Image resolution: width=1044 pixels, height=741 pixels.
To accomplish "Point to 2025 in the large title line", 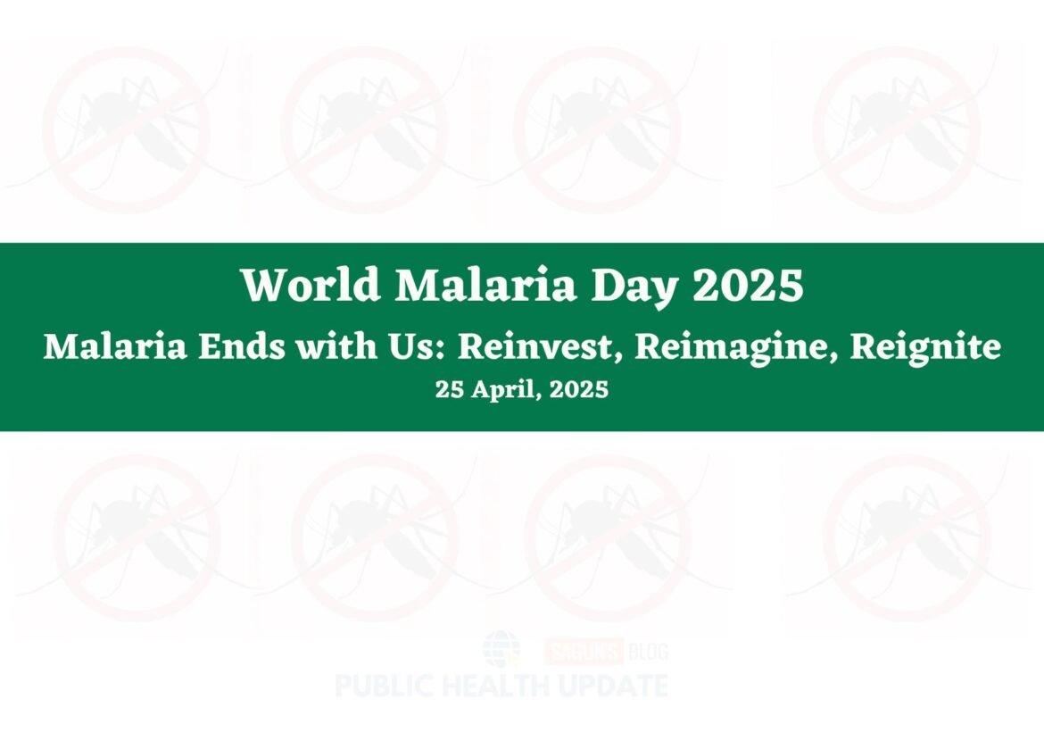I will tap(748, 286).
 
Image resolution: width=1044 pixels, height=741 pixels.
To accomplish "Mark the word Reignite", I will tap(924, 346).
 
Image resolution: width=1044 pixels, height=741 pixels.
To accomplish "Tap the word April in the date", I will tap(501, 389).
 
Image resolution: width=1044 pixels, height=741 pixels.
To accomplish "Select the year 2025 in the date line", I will tap(579, 389).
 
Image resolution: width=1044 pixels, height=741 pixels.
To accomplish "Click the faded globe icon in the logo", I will tap(501, 649).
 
